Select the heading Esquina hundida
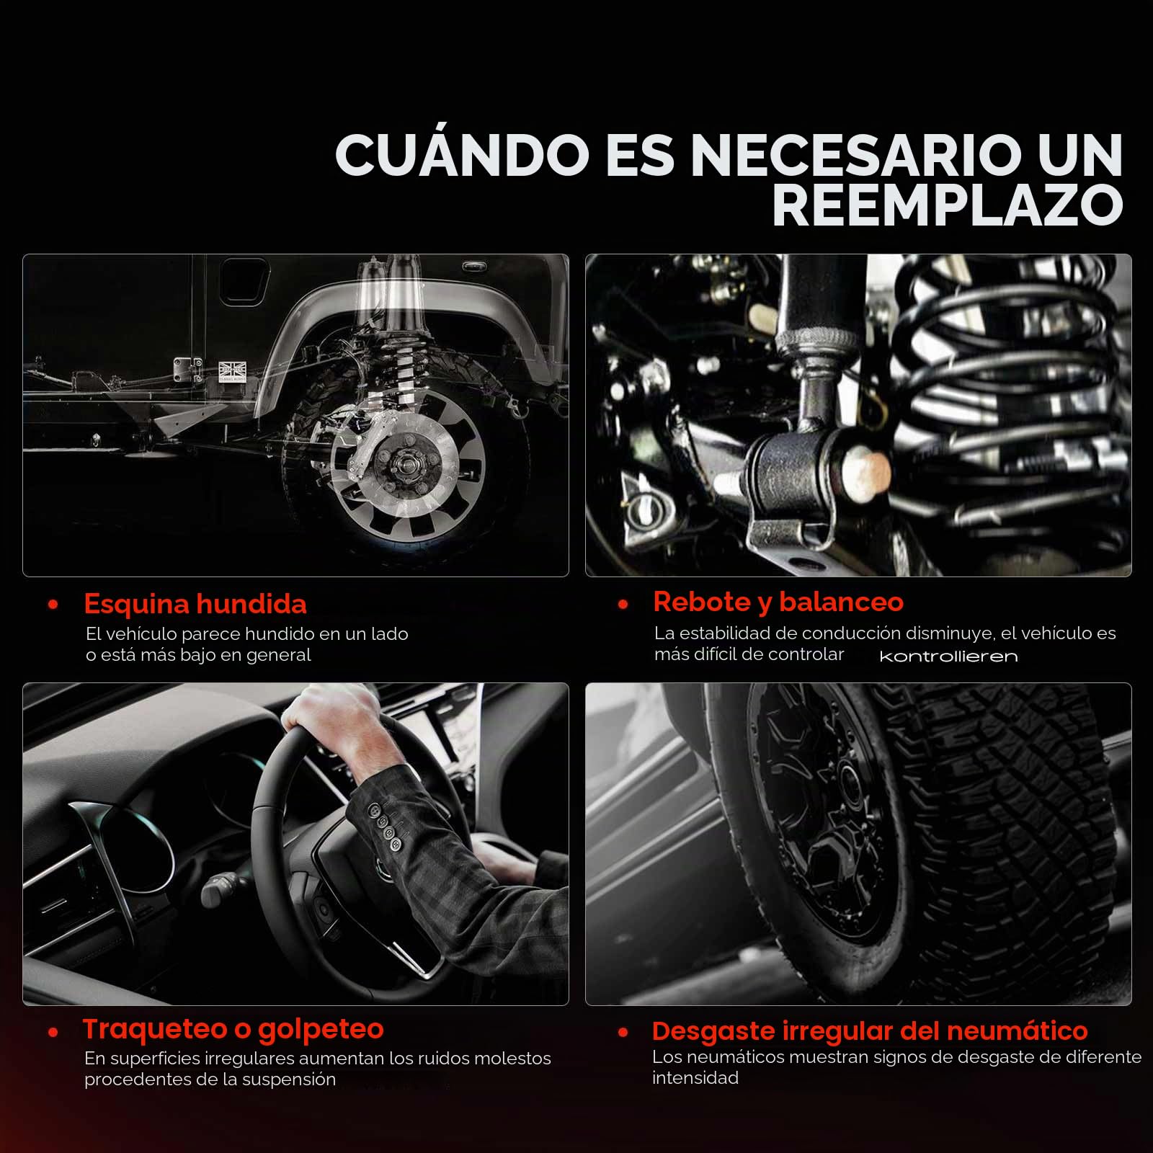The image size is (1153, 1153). tap(195, 604)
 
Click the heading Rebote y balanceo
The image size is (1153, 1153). tap(778, 602)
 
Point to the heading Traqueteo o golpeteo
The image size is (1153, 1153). tap(233, 1029)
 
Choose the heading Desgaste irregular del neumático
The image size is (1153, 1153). tap(870, 1030)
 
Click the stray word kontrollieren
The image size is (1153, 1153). tap(948, 656)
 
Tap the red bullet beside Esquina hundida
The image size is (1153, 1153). tap(53, 605)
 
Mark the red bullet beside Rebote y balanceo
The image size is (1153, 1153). tap(623, 605)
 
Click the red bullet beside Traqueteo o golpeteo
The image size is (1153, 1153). tap(53, 1033)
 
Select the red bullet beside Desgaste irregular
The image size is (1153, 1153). tap(623, 1033)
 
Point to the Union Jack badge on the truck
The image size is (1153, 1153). tap(233, 371)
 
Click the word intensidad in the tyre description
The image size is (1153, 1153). tap(695, 1078)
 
